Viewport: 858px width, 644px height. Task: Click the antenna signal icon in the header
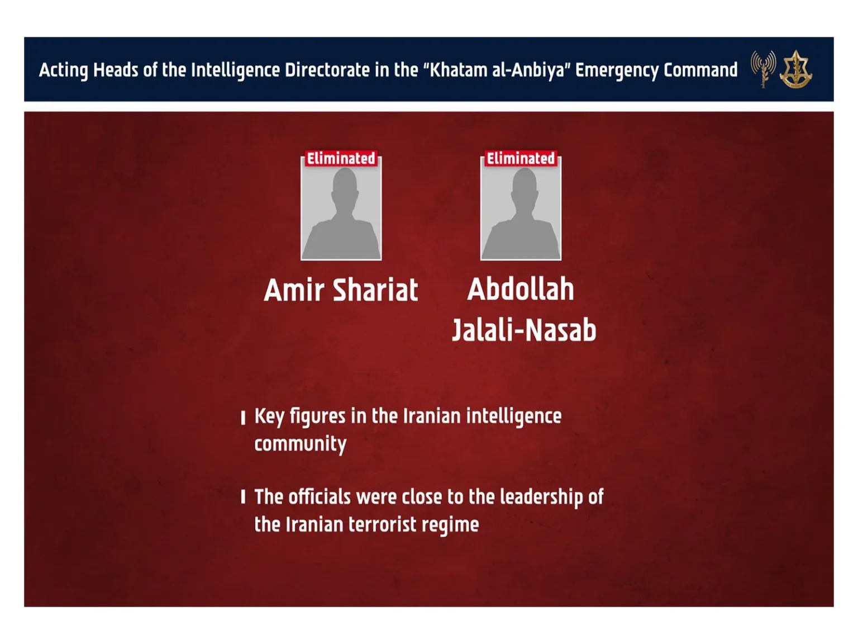coord(763,68)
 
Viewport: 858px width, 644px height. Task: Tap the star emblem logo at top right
coord(796,69)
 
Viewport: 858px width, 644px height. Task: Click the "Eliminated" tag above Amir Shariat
coord(341,159)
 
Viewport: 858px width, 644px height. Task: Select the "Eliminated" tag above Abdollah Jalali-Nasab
coord(521,159)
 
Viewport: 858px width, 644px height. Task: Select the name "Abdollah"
coord(521,289)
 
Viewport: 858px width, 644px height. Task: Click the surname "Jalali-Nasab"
coord(524,330)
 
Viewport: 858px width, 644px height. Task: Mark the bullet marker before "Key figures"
coord(243,418)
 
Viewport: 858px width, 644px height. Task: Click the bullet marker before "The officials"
coord(243,497)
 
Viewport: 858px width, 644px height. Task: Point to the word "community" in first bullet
coord(301,444)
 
